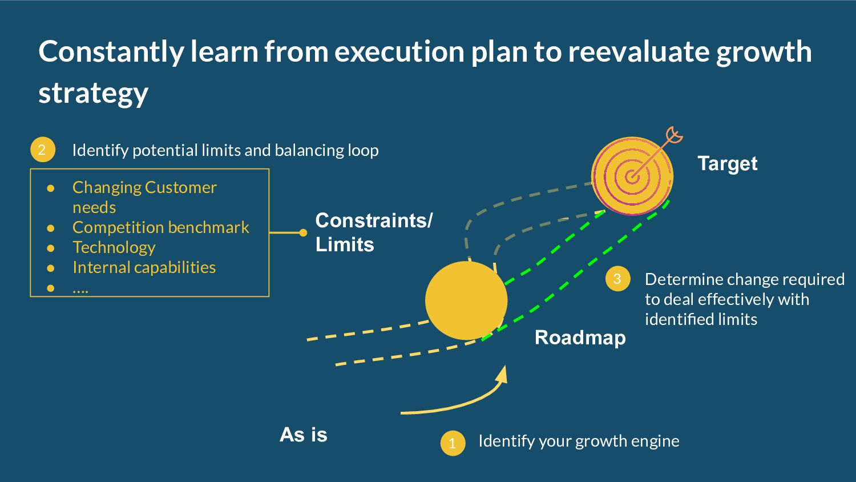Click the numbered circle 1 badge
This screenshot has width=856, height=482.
pos(453,443)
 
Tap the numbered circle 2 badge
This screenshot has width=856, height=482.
pos(42,150)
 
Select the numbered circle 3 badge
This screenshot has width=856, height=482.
pos(617,279)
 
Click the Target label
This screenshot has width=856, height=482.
pos(728,164)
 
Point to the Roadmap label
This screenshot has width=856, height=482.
pos(580,338)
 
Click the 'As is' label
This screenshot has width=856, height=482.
pos(304,435)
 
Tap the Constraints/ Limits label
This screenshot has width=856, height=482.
pos(374,232)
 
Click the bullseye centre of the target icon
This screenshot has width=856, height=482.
pos(632,176)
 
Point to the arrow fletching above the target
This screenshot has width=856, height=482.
pos(674,135)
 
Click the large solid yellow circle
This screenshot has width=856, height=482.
pos(466,300)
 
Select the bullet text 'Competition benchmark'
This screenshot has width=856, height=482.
pos(161,227)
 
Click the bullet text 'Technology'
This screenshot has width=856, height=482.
pos(114,247)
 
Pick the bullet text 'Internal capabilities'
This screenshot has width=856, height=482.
pos(144,267)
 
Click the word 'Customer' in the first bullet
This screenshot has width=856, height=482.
pos(180,187)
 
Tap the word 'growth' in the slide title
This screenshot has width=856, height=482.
pos(764,51)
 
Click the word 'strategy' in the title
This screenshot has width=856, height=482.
pos(94,93)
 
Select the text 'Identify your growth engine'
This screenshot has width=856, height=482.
pos(579,441)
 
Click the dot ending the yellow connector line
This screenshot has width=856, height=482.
pos(303,232)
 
